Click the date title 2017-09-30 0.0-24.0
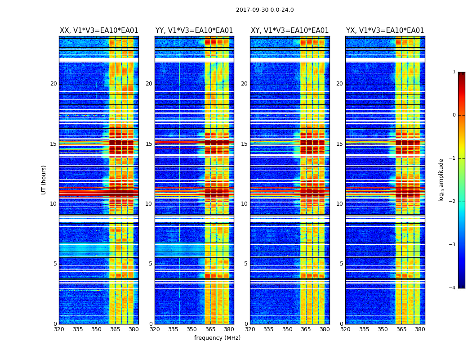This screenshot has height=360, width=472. coord(265,10)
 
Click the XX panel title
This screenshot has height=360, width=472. coord(99,31)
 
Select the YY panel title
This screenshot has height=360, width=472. coord(194,31)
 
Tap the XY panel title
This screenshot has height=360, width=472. coord(289,31)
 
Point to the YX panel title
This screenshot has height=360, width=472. coord(385,31)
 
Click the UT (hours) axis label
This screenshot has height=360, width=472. coord(44,180)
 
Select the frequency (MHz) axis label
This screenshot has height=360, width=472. coord(217,338)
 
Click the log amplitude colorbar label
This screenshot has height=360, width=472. coord(441,180)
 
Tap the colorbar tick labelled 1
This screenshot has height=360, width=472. coord(454,72)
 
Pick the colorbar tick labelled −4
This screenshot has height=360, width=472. coord(453,288)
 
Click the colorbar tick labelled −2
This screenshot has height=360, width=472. coord(453,202)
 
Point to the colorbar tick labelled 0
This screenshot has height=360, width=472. coord(454,115)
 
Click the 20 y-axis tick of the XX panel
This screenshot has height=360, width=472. coord(53,84)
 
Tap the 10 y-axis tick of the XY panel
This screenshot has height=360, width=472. coord(244,204)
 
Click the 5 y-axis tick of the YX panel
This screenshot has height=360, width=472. coord(341,264)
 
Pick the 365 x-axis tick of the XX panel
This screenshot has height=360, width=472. coord(115,329)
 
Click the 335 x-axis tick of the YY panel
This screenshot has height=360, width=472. coord(173,329)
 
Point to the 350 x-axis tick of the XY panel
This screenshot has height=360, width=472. coord(287,329)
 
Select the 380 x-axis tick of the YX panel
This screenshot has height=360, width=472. coord(420,329)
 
